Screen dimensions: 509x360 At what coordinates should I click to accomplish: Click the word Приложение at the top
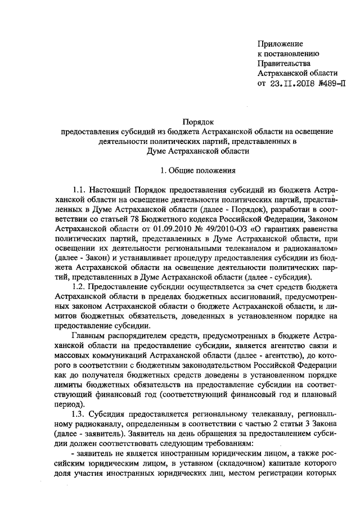(280, 44)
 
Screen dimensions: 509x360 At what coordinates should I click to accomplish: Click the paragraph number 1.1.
(82, 190)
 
